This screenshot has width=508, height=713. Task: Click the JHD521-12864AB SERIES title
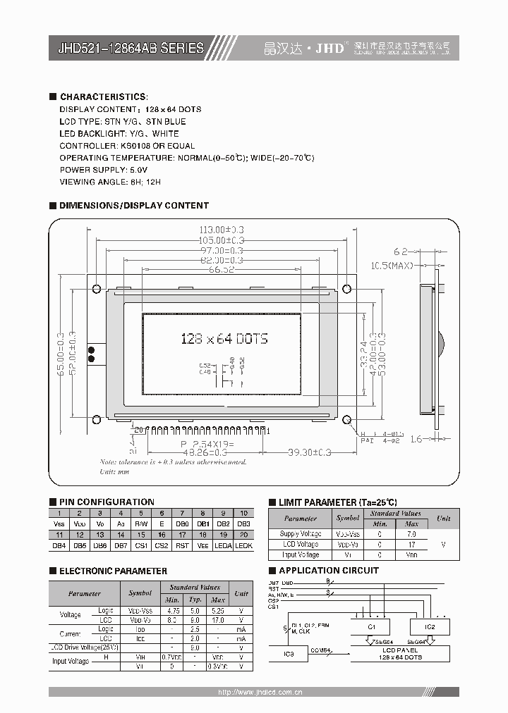point(131,49)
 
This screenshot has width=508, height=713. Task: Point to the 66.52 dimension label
point(222,270)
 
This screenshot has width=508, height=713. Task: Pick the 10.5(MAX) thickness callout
point(392,266)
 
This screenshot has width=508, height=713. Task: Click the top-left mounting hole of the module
point(96,288)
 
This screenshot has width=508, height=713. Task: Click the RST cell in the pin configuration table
point(181,546)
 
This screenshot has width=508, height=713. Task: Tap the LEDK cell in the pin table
point(243,546)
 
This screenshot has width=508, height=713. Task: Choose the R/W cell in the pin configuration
point(141,524)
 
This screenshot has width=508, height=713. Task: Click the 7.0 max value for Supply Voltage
point(411,534)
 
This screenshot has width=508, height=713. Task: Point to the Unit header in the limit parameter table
point(443,518)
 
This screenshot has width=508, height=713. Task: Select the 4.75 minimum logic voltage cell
point(171,610)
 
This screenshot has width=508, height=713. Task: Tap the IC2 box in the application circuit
point(430,626)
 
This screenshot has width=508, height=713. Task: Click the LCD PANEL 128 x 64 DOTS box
point(400,654)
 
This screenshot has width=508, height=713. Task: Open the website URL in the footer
point(260,693)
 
